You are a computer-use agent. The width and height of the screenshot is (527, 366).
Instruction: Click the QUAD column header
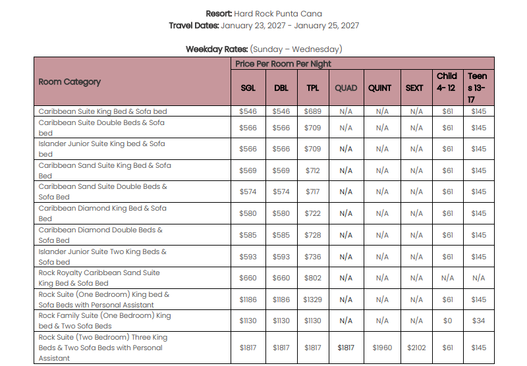click(346, 88)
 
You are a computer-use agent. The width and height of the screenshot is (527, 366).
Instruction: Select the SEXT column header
click(414, 88)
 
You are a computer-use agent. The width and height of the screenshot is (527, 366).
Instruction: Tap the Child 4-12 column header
click(447, 82)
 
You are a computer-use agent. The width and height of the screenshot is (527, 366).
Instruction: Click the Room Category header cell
click(70, 82)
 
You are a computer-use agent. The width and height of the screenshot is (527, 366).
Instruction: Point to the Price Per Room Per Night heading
click(283, 64)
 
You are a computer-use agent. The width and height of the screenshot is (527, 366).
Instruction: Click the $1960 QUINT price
click(382, 348)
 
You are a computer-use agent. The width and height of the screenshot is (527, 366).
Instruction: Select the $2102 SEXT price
click(416, 348)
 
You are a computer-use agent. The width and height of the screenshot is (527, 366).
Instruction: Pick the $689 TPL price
click(312, 111)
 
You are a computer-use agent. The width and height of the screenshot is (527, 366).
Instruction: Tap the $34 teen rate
click(479, 321)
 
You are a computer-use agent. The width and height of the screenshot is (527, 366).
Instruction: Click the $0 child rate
click(447, 321)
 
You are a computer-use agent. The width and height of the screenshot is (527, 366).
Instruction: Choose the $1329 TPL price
click(312, 300)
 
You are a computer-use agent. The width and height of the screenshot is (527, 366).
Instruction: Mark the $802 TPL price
click(312, 278)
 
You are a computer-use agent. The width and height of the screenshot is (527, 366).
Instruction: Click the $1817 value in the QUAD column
click(346, 348)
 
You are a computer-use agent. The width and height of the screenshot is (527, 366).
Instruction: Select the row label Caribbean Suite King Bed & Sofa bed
click(103, 111)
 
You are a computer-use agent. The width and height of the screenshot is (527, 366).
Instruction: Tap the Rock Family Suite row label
click(105, 321)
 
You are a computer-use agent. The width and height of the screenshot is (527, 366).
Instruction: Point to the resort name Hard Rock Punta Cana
click(278, 14)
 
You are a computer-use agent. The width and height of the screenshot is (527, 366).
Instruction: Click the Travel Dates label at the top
click(194, 26)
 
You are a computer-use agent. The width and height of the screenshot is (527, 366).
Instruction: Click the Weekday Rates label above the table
click(217, 49)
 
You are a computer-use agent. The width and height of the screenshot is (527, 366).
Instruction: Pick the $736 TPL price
click(312, 257)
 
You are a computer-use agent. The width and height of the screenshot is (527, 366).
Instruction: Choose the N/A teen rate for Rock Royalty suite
click(479, 278)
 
